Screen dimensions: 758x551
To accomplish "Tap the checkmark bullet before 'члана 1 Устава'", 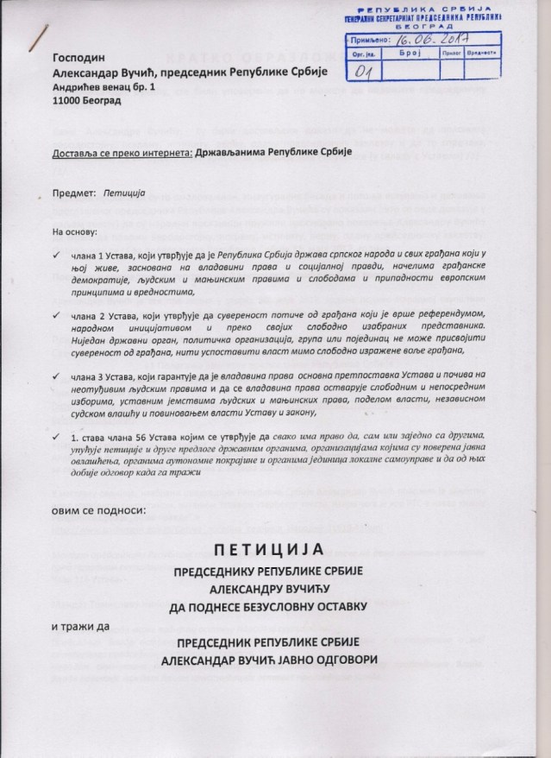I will click(55, 257).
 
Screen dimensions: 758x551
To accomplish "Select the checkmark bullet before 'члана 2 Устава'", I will click(55, 316).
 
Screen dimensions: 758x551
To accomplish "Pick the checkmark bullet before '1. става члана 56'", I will click(55, 439).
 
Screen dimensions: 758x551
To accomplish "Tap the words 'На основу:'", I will click(75, 232).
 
